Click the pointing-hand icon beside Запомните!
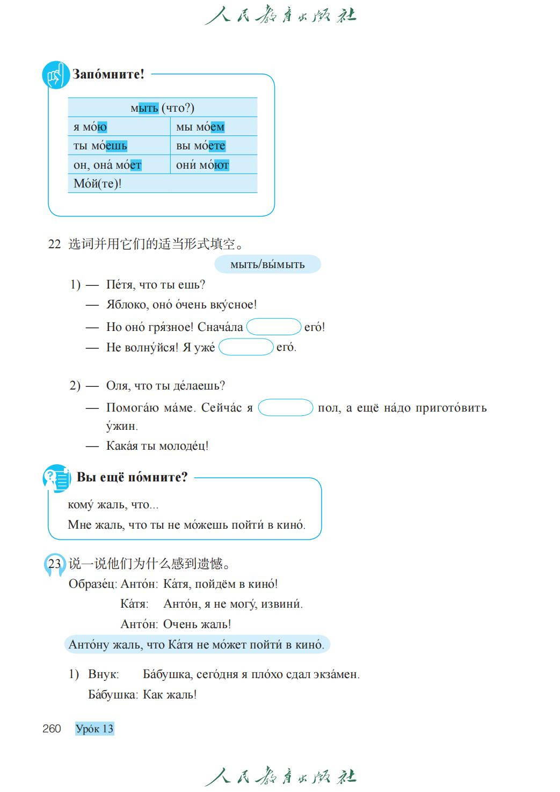click(55, 76)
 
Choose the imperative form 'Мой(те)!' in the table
click(98, 184)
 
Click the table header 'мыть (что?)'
click(162, 108)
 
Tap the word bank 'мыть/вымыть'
click(267, 264)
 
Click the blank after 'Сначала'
click(273, 327)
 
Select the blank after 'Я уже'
click(246, 347)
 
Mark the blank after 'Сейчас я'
click(286, 408)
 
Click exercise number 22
click(54, 244)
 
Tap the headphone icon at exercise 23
click(53, 565)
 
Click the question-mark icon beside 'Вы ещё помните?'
click(56, 478)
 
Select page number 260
click(52, 729)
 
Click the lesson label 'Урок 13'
click(94, 729)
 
